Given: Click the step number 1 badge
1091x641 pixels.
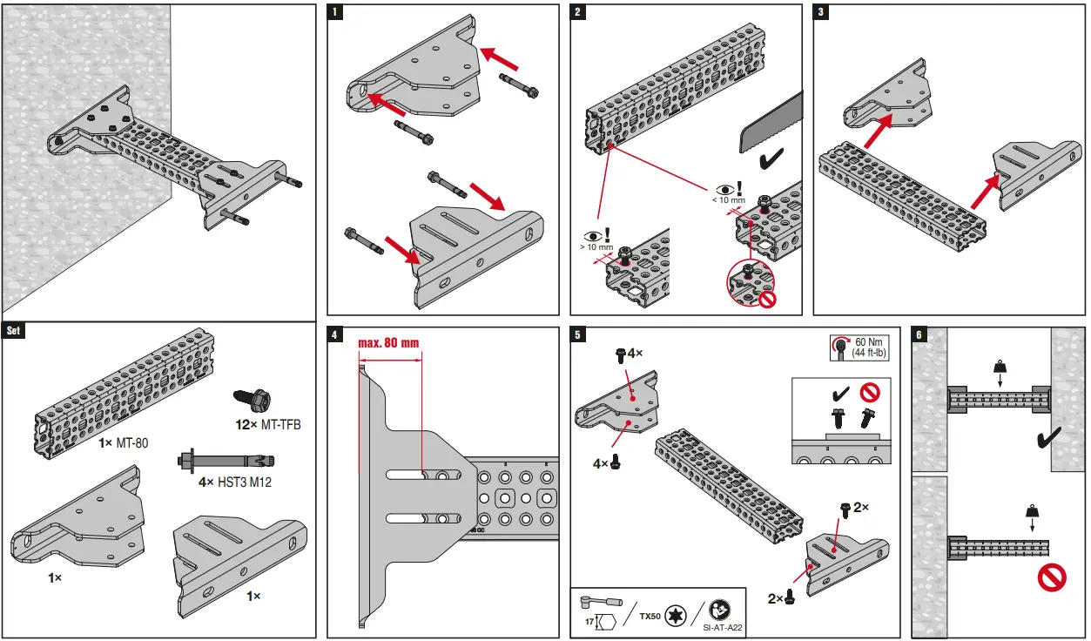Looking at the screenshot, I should [x=336, y=12].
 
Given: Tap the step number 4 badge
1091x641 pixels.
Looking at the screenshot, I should [x=336, y=334].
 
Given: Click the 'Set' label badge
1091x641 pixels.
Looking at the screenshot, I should [x=13, y=331].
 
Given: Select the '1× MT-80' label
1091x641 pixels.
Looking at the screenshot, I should [x=124, y=443].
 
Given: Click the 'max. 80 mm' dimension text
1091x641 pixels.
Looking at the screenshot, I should [x=388, y=342].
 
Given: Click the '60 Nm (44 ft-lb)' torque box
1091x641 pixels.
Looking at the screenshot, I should [x=862, y=347].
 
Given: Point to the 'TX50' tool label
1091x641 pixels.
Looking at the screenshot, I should [x=650, y=616].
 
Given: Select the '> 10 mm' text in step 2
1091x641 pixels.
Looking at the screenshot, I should [x=600, y=248].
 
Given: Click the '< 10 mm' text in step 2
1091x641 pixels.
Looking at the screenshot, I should [x=728, y=200].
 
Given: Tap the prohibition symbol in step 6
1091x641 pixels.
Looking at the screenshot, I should [x=1052, y=577].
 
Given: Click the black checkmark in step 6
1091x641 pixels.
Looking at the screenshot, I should [x=1048, y=439].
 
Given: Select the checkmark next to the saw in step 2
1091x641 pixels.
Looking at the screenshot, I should [x=771, y=159].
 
